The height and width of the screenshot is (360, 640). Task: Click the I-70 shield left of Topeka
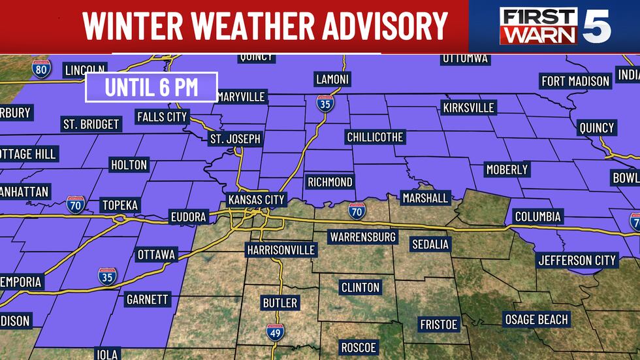coord(75,205)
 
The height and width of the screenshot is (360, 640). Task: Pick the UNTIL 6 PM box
coord(152,87)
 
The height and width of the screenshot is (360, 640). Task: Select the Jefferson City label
coord(577,260)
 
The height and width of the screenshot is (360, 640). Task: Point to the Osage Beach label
coord(537,319)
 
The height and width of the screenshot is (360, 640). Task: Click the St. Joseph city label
coord(235,139)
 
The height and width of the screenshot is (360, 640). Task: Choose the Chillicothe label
coord(375,137)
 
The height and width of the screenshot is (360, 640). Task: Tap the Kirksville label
coord(468,106)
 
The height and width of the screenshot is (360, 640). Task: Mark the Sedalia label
coord(430,244)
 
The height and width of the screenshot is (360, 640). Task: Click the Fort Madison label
coord(575,81)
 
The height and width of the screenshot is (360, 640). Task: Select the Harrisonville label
coord(281,250)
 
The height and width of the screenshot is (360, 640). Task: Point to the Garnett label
coord(146,300)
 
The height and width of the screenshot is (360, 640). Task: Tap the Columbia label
coord(537,216)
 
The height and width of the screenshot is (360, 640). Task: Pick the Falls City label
coord(162,117)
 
